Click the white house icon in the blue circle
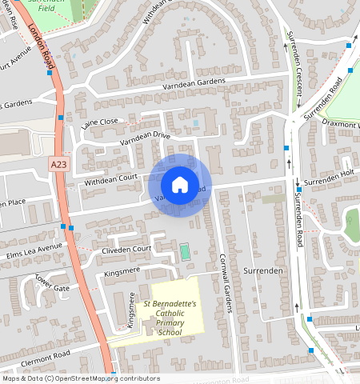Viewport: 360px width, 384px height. (x=180, y=185)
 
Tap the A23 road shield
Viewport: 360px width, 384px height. (x=58, y=164)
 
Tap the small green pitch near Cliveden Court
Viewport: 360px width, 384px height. (x=186, y=253)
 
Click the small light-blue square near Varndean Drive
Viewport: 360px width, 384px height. (x=196, y=122)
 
